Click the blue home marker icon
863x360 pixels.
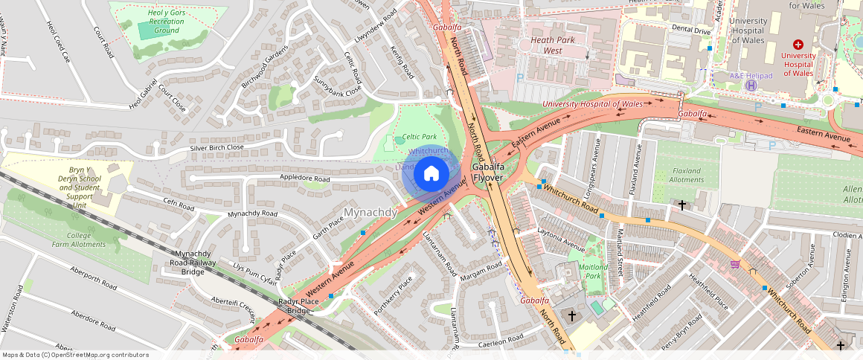point(431,175)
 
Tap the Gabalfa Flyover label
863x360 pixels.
point(489,173)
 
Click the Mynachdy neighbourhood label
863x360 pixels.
point(371,213)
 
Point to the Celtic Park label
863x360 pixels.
point(419,137)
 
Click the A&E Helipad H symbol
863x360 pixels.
point(751,85)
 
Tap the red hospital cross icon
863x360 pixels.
point(798,45)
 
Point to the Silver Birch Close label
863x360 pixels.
point(216,147)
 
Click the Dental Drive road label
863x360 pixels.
point(691,30)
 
